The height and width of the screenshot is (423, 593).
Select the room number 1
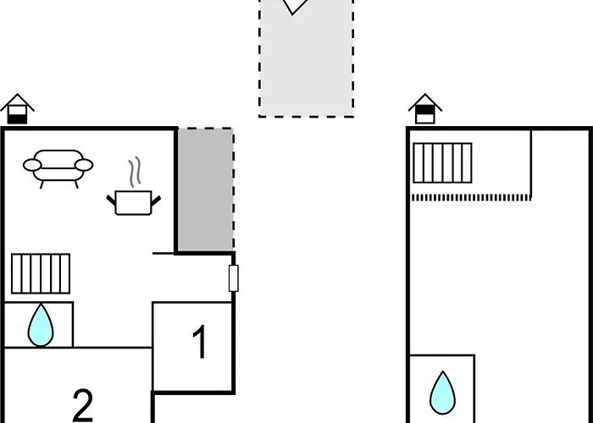coord(200,342)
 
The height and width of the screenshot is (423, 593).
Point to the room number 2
coord(82,405)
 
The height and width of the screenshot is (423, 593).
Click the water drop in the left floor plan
coord(41,326)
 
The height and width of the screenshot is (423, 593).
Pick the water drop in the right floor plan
coord(442,393)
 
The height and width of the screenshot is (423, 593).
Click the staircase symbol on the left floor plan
coord(41,274)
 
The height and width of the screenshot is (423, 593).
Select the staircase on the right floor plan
coord(442,162)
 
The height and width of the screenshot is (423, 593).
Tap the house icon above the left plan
coord(18,109)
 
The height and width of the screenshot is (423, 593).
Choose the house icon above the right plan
coord(425,109)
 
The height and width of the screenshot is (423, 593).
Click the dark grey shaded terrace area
coord(205,190)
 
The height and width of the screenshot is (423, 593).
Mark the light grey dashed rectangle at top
coord(307,58)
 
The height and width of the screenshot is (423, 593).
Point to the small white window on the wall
coord(234,278)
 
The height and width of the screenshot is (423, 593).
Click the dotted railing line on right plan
coord(471,197)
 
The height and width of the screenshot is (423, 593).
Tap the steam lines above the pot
coord(135,173)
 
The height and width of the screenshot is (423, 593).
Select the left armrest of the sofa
coord(32,165)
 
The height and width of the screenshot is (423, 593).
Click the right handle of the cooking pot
coord(156,201)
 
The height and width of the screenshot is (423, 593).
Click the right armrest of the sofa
coord(84,165)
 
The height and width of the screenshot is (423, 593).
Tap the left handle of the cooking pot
coord(111,201)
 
